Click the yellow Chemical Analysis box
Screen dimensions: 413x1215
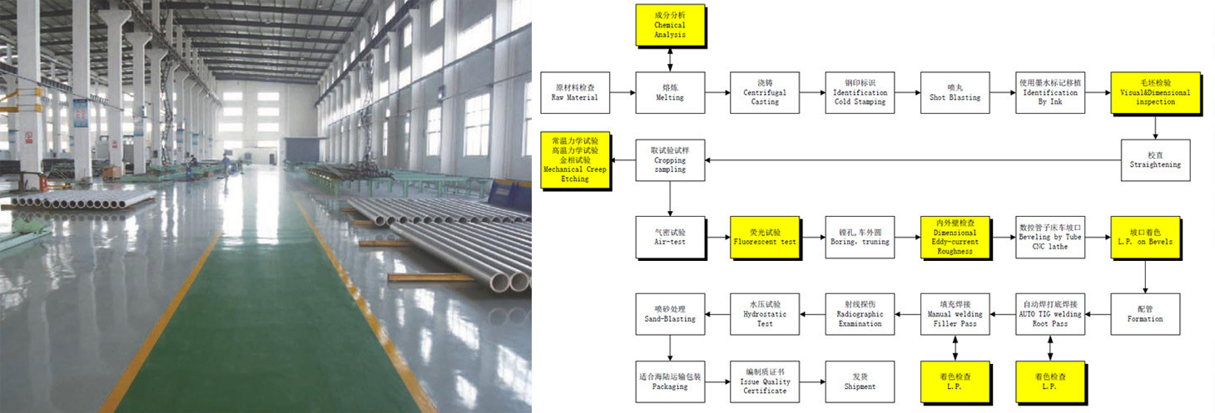pos(670,26)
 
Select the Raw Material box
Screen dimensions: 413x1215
pos(574,92)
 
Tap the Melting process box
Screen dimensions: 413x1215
pos(670,92)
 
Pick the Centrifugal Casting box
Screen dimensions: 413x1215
pos(765,92)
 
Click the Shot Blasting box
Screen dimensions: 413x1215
pos(955,92)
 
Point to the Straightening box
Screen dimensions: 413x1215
pos(1155,160)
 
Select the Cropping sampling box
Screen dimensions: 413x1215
pos(670,160)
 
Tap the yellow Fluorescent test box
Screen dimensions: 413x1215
pos(765,237)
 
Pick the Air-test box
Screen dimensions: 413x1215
pos(670,237)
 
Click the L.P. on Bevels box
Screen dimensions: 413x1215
pos(1145,237)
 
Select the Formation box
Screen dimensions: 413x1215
pos(1145,313)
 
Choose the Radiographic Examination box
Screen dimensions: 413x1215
pos(860,313)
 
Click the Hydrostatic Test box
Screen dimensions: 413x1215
pos(765,313)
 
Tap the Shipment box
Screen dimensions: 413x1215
pos(860,381)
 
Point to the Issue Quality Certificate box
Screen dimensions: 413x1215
pos(765,381)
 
